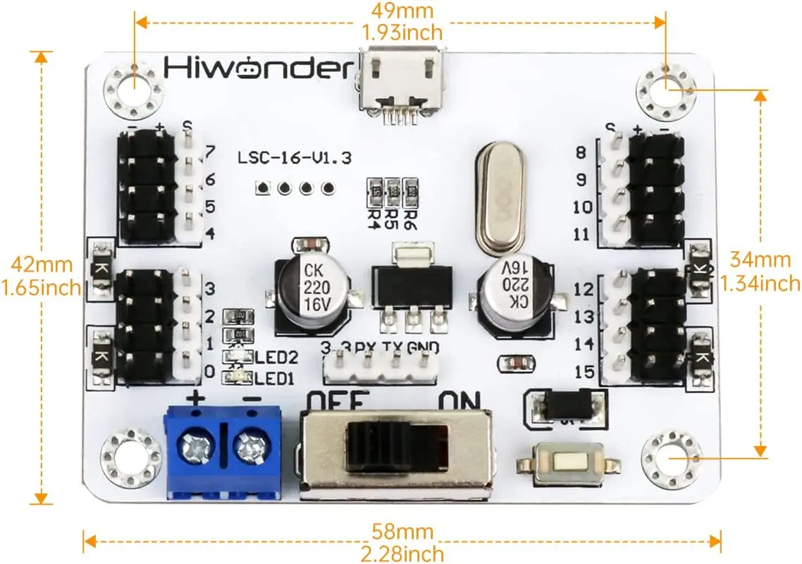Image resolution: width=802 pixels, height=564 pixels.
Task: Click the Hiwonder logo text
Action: [x=257, y=68]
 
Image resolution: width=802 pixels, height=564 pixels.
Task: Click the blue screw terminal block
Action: [x=223, y=450]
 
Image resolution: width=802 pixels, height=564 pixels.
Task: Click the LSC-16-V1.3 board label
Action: [x=294, y=158]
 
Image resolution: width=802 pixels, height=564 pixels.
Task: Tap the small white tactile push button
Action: [x=568, y=463]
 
